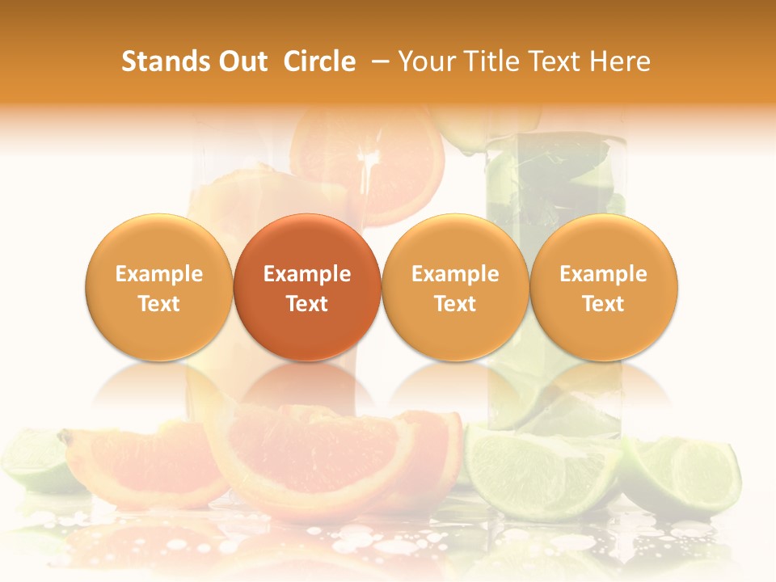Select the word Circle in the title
click(319, 61)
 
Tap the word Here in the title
click(620, 61)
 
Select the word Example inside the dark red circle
click(307, 274)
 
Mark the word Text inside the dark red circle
click(307, 304)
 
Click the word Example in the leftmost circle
click(159, 274)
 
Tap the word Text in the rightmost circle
click(604, 304)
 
